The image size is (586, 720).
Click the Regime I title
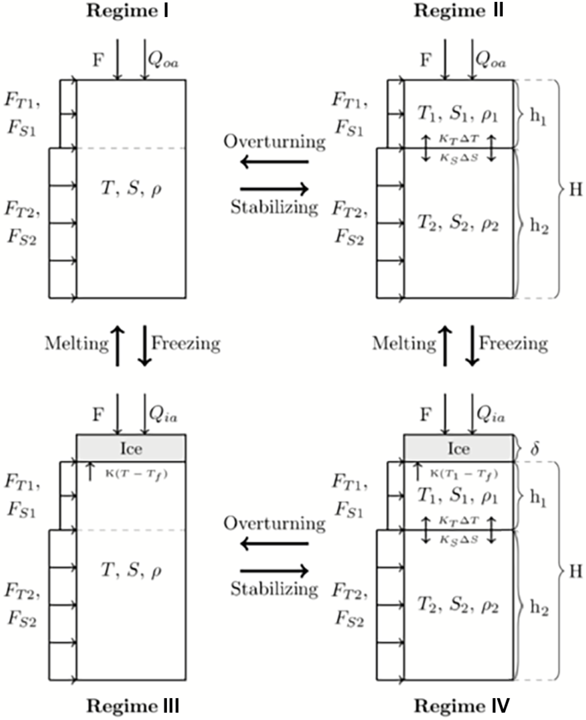tap(127, 11)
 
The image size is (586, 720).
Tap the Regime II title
tap(459, 11)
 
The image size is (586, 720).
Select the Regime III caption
tap(133, 706)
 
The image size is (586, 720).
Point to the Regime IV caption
tap(462, 706)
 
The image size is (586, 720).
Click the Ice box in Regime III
tap(131, 448)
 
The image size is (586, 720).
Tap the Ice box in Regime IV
tap(459, 448)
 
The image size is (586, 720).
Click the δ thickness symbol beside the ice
tap(535, 448)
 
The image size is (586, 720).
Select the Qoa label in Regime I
tap(163, 60)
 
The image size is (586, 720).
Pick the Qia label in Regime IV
tap(490, 414)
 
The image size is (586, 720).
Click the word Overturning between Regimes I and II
tap(274, 141)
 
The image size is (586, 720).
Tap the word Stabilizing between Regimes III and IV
tap(274, 589)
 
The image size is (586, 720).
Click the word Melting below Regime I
tap(77, 344)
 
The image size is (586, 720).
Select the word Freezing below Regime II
tap(514, 344)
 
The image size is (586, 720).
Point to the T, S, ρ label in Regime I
tap(131, 189)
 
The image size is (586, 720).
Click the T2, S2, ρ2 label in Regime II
tap(458, 224)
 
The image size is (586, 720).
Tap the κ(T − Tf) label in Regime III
tap(136, 475)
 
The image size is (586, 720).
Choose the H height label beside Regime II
tap(576, 189)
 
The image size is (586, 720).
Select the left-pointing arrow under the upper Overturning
tap(274, 162)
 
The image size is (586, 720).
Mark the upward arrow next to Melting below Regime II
tap(446, 346)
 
